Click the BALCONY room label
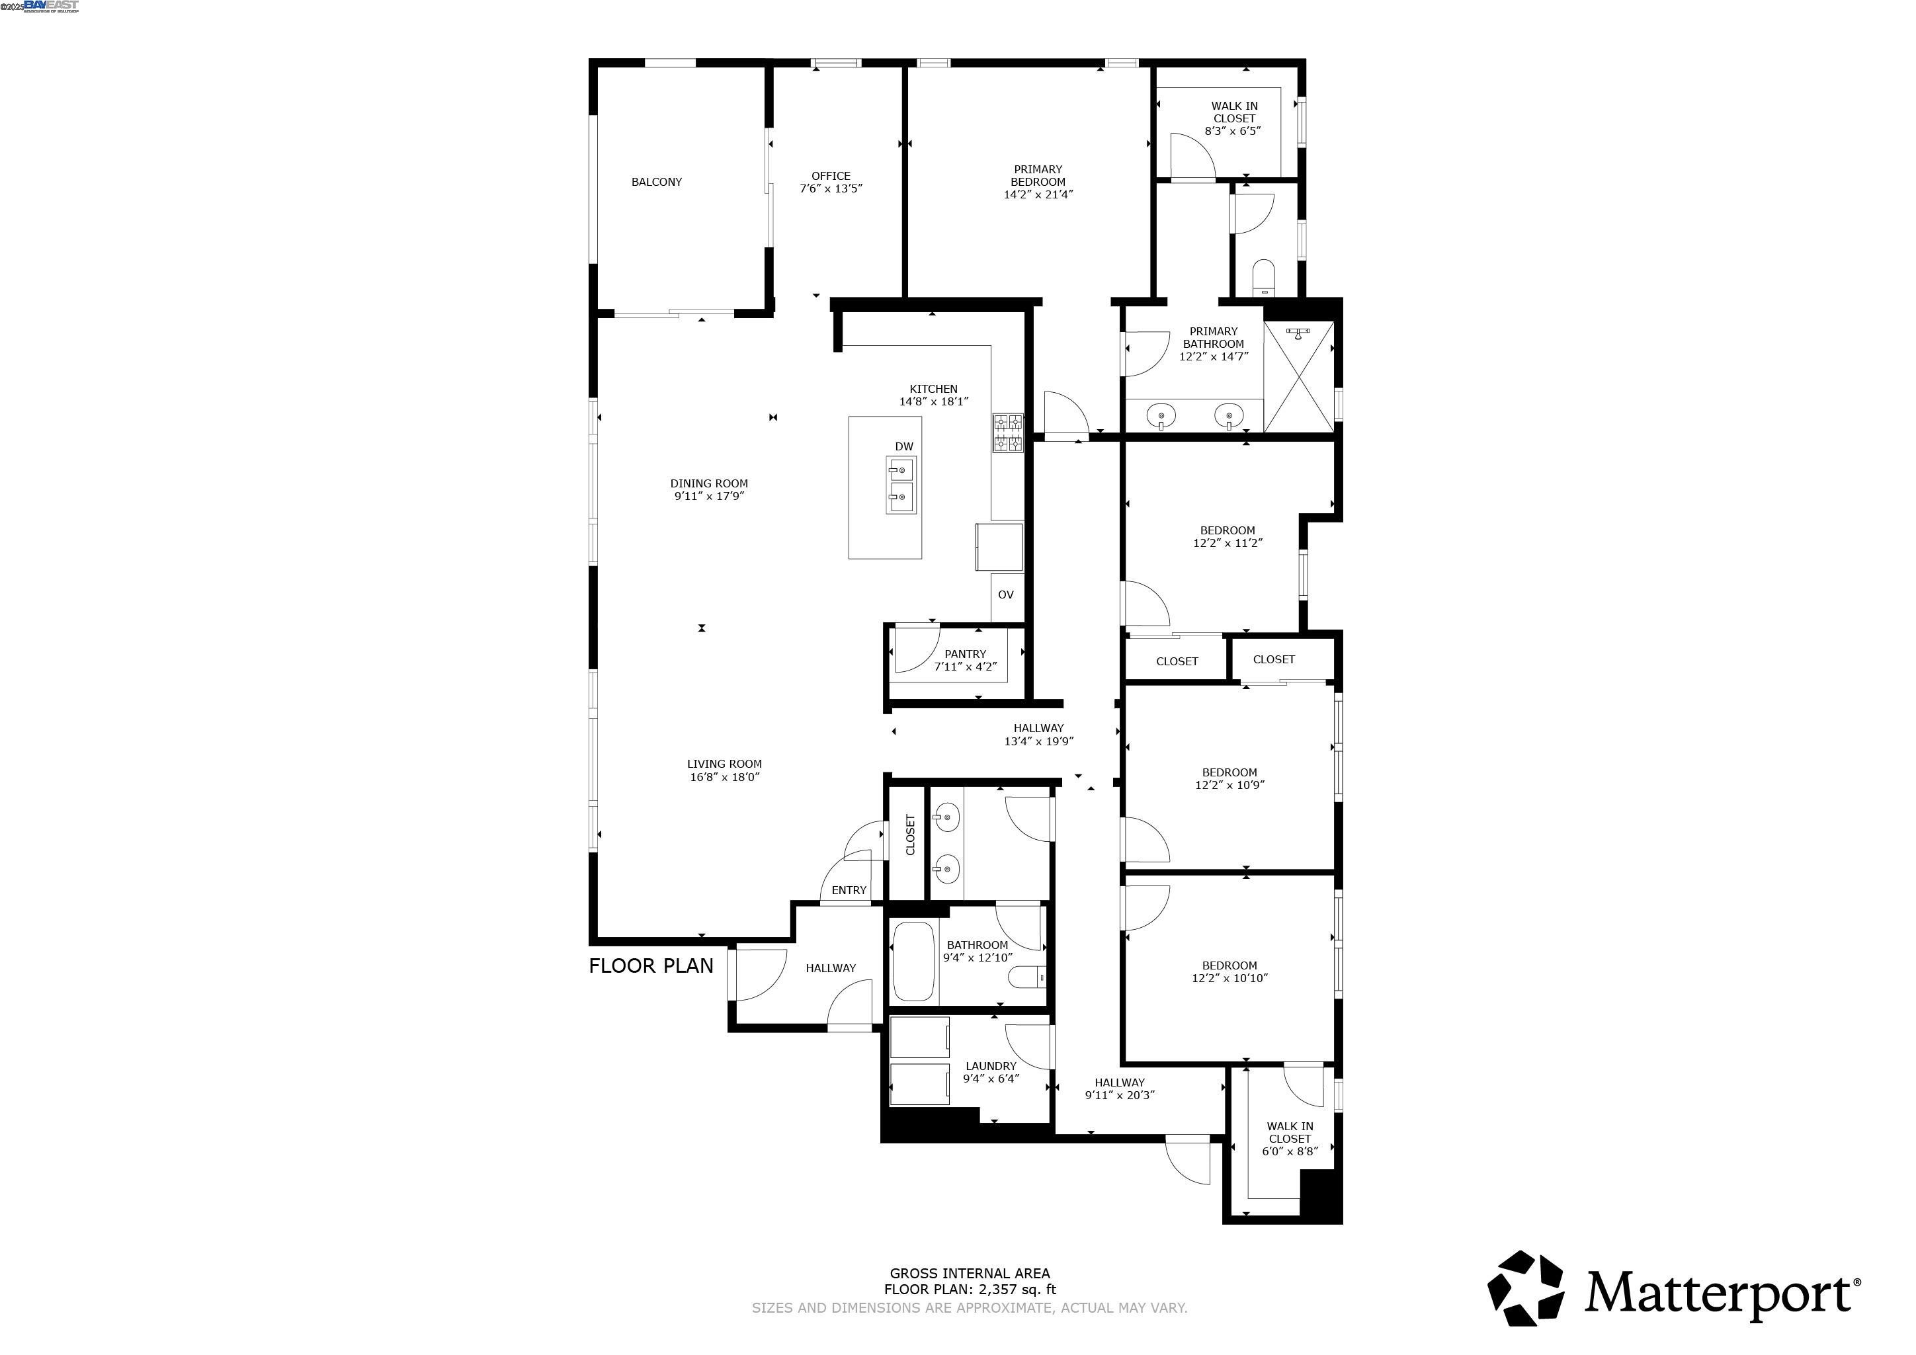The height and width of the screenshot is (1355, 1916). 656,182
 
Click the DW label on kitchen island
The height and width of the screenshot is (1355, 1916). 903,446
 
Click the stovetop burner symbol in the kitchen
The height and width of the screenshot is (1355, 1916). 1007,433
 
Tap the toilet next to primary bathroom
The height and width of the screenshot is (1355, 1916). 1265,278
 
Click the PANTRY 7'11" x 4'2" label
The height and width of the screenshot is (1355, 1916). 966,660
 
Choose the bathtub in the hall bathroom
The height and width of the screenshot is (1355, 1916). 914,962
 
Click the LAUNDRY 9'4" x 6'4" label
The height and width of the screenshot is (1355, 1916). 991,1072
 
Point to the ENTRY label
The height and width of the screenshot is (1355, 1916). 849,890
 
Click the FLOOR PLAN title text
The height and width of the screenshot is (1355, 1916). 651,965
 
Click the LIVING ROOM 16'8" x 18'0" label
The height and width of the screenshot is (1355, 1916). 724,770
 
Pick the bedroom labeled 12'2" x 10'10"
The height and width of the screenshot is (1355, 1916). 1229,971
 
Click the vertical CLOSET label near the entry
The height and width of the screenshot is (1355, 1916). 911,835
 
